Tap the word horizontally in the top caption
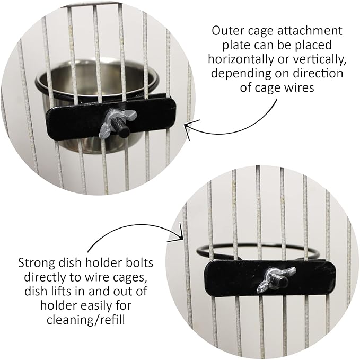tap(244, 58)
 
